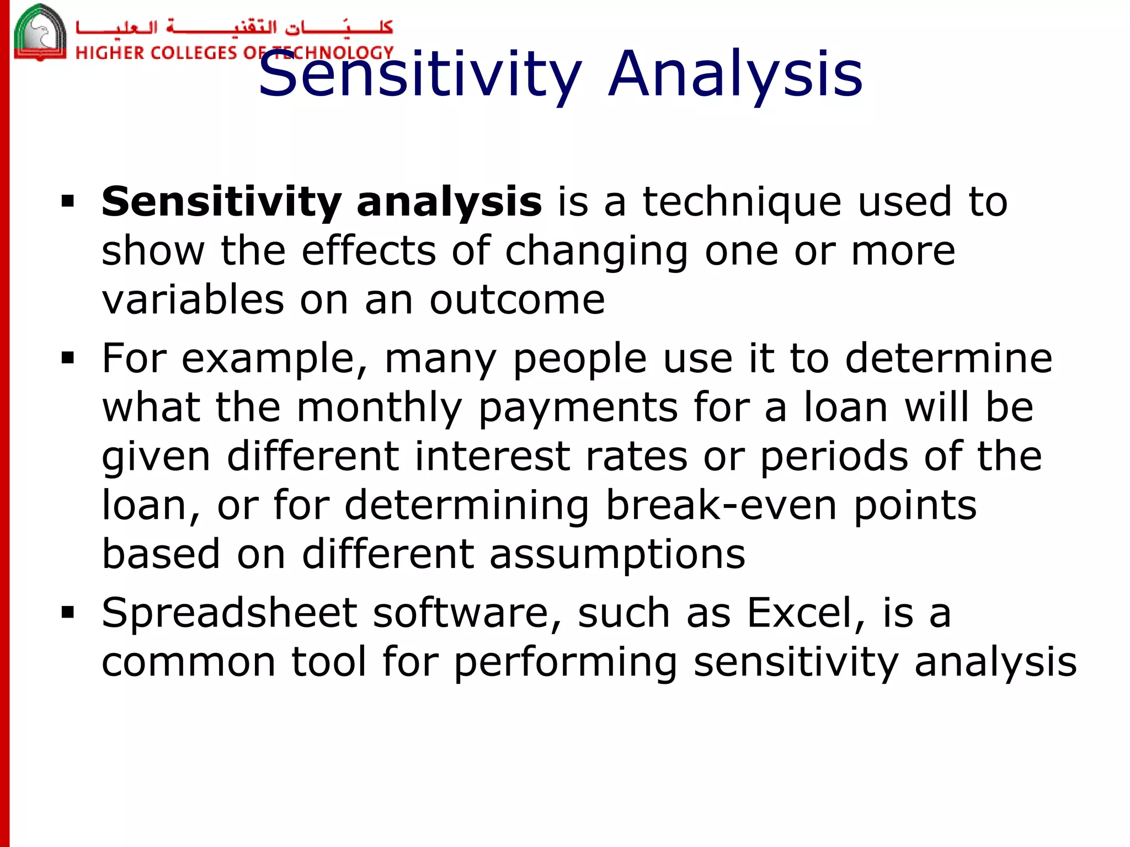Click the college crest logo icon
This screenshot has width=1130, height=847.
40,32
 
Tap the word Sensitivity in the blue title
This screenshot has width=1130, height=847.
419,74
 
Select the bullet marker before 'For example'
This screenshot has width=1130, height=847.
68,359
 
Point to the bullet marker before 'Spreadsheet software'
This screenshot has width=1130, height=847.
68,613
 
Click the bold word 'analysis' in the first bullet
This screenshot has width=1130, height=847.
449,202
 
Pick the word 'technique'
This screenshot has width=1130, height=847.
742,202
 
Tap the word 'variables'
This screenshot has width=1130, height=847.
193,300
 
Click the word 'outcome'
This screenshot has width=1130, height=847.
517,300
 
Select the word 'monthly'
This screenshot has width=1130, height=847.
380,408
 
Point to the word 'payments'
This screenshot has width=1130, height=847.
578,408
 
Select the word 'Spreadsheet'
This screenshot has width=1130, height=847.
230,613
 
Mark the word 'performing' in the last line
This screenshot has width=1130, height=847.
566,662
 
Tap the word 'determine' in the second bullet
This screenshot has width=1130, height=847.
948,359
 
